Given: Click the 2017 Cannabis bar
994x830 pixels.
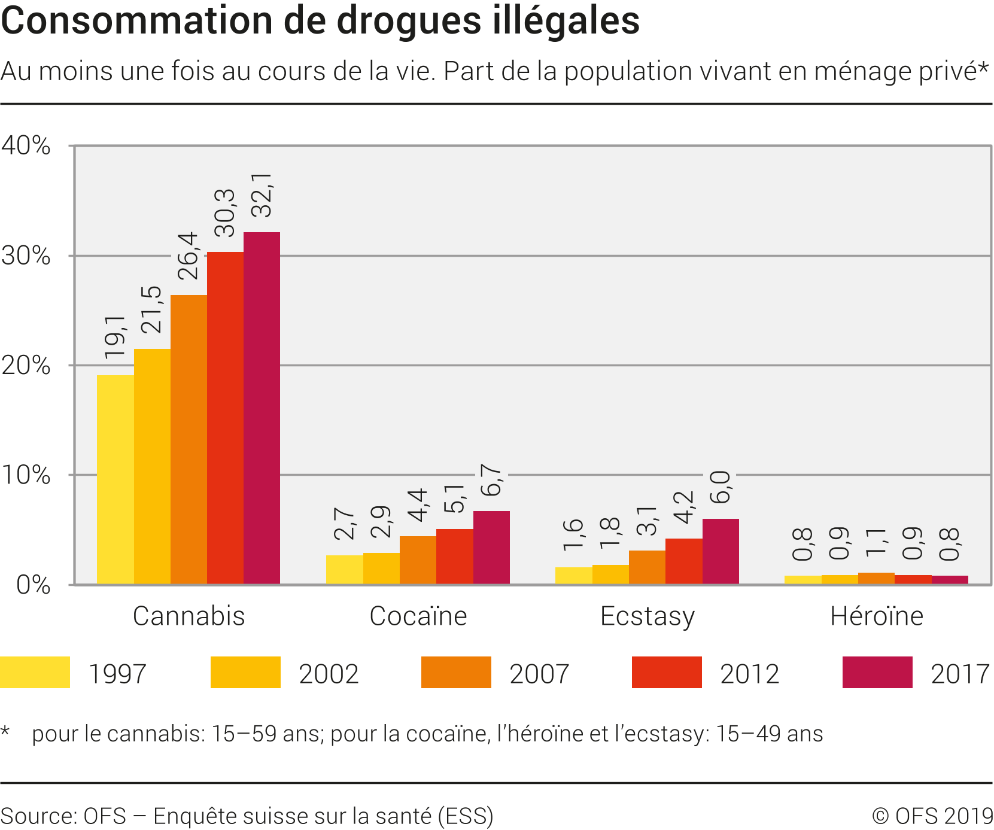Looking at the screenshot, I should pyautogui.click(x=262, y=408).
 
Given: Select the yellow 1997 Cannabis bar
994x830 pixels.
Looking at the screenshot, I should pyautogui.click(x=115, y=479).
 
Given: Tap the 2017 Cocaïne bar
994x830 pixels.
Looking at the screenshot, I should pyautogui.click(x=491, y=548).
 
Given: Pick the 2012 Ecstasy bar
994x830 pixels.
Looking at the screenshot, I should pyautogui.click(x=683, y=561).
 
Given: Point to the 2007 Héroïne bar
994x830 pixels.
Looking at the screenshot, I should pyautogui.click(x=876, y=579).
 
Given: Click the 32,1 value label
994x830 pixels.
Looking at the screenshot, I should pyautogui.click(x=262, y=195).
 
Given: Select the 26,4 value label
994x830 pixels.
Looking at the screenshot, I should pyautogui.click(x=188, y=256).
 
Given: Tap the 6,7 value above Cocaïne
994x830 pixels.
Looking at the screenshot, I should pyautogui.click(x=491, y=480).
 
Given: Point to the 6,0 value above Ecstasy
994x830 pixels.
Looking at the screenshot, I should pyautogui.click(x=721, y=487).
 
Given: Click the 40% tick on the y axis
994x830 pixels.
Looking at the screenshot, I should pyautogui.click(x=26, y=145).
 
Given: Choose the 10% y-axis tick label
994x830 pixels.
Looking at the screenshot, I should pyautogui.click(x=26, y=475).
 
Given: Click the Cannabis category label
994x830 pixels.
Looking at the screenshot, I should pyautogui.click(x=189, y=616).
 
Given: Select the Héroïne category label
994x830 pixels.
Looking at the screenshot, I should pyautogui.click(x=876, y=616).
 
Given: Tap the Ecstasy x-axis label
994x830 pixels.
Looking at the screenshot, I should pyautogui.click(x=648, y=616).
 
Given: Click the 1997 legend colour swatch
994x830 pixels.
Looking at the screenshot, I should pyautogui.click(x=35, y=673).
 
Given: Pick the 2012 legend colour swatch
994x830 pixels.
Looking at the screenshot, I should pyautogui.click(x=667, y=673).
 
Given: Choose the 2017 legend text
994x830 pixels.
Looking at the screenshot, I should pyautogui.click(x=960, y=674).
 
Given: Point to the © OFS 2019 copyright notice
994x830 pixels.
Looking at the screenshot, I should pyautogui.click(x=932, y=816).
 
